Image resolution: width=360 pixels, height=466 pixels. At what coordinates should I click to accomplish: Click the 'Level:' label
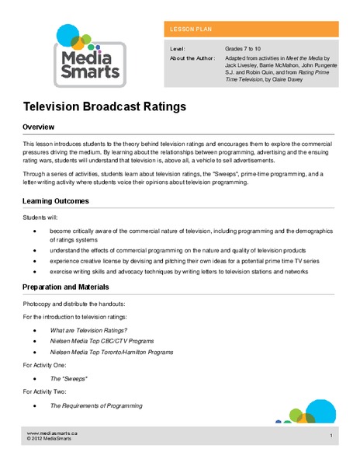pos(178,48)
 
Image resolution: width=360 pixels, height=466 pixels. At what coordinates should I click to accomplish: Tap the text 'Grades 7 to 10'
pos(244,48)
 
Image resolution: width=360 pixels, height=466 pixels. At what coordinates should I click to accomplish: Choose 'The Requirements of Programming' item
pos(97,405)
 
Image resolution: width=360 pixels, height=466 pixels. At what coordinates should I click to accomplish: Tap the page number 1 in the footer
pos(331,435)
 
